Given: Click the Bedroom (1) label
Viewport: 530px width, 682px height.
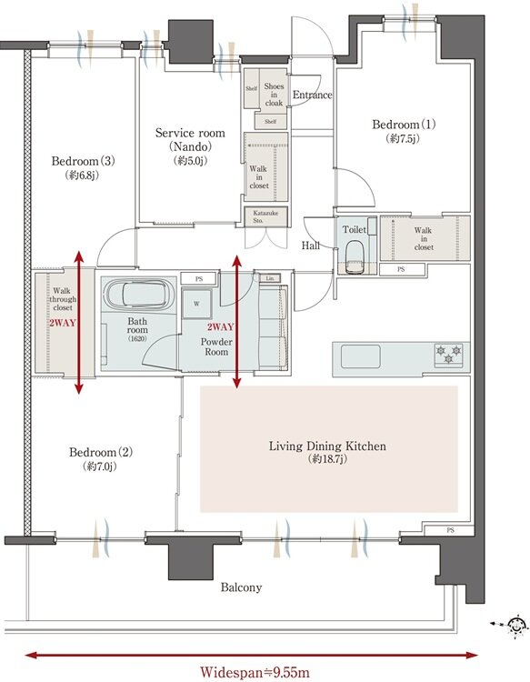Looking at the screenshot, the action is (404, 125).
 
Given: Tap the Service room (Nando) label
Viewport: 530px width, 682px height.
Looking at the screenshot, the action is (190, 139).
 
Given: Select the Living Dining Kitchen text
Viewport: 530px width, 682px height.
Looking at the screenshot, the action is (327, 446).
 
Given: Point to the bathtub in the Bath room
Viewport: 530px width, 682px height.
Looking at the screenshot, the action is (137, 294).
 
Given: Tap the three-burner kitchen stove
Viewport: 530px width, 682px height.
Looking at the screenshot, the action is (448, 354).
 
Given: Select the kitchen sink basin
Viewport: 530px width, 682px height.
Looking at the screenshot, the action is (361, 356).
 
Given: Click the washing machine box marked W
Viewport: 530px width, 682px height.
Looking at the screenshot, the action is (197, 304).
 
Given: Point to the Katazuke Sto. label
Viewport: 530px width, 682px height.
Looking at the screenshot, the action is (265, 216).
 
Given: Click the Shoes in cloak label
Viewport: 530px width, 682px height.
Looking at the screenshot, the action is (274, 95).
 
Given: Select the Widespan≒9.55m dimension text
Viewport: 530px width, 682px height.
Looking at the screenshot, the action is (255, 672).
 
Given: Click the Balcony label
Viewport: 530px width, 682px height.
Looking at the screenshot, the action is (241, 587).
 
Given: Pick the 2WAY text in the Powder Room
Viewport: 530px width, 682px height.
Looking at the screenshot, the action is (220, 327).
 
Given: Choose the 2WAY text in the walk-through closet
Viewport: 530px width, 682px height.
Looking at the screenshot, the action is (62, 323).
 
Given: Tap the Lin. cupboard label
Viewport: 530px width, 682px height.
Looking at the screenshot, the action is (270, 278).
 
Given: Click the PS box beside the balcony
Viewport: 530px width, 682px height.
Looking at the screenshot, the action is (449, 530).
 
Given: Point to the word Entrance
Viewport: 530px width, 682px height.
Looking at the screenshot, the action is (312, 95).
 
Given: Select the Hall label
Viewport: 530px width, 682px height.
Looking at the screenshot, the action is (311, 246).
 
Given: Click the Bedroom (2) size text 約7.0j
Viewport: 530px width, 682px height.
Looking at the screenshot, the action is (100, 466).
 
